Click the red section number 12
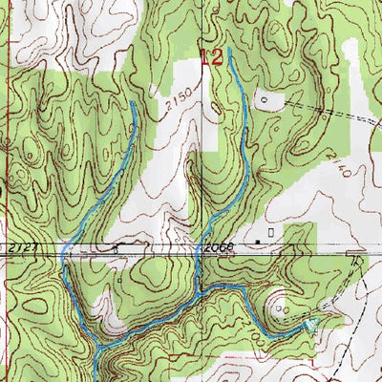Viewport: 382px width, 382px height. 212,56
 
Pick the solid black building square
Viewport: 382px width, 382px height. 257,241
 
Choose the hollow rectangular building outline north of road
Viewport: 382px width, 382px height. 272,232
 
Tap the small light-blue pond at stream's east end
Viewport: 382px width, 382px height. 308,327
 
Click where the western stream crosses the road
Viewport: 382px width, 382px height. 64,251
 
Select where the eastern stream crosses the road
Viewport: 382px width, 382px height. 198,251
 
